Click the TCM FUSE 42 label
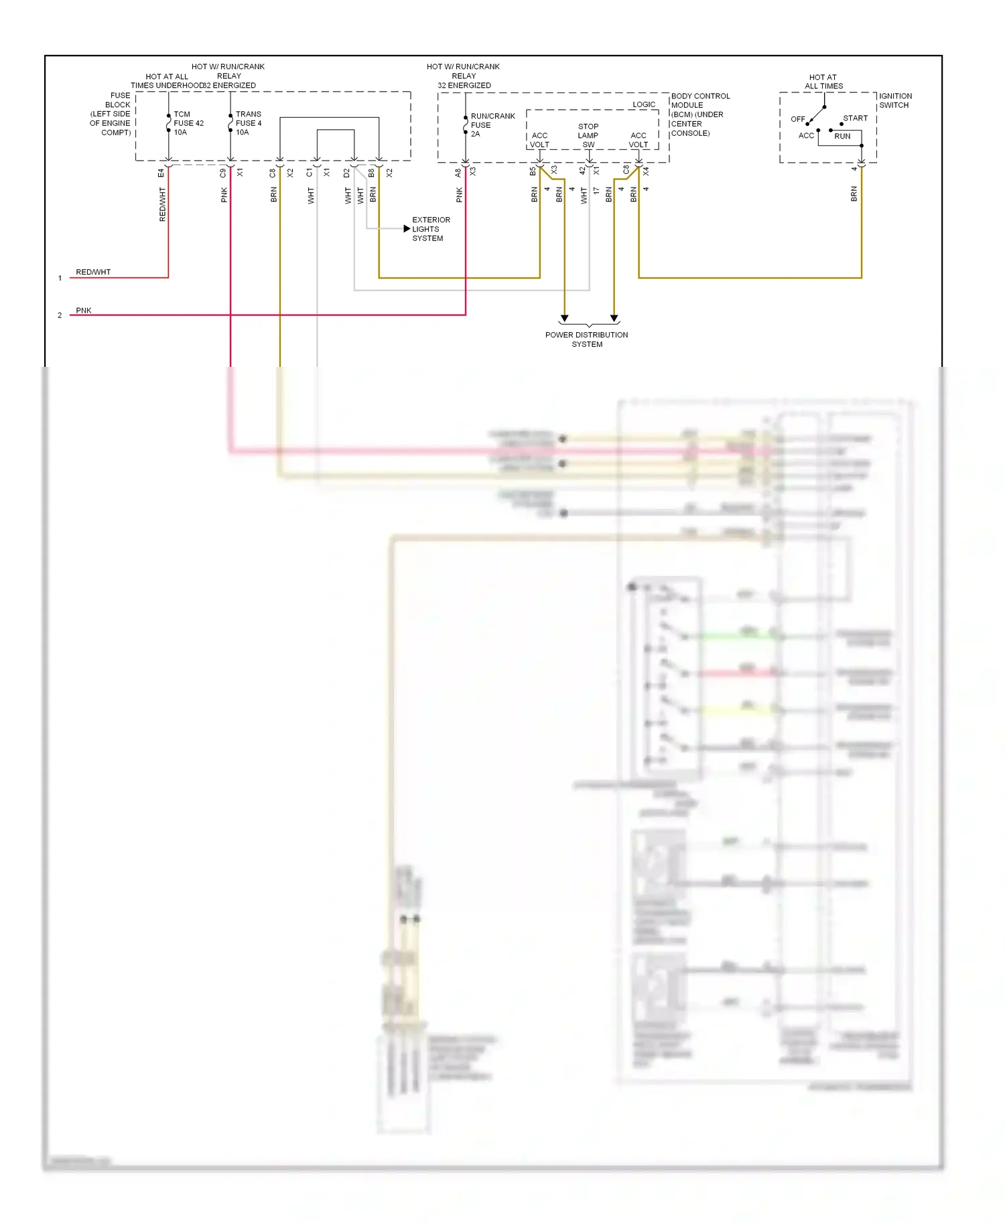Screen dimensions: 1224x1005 pyautogui.click(x=188, y=123)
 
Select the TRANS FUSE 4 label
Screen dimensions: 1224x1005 pyautogui.click(x=249, y=123)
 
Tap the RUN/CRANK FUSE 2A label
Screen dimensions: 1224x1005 pyautogui.click(x=492, y=125)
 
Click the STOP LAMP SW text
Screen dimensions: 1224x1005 pyautogui.click(x=588, y=135)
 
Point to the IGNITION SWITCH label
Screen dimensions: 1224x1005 pyautogui.click(x=895, y=100)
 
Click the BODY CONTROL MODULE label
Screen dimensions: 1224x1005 pyautogui.click(x=700, y=114)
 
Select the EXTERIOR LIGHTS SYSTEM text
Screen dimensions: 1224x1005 pyautogui.click(x=431, y=229)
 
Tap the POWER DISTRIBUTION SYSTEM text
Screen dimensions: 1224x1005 pyautogui.click(x=586, y=339)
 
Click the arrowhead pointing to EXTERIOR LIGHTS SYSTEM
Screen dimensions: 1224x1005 pyautogui.click(x=407, y=229)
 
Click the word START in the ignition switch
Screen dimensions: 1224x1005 pyautogui.click(x=855, y=119)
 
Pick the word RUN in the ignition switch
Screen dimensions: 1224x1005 pyautogui.click(x=842, y=136)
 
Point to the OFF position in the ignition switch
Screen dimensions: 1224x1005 pyautogui.click(x=797, y=119)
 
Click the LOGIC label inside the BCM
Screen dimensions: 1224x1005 pyautogui.click(x=644, y=104)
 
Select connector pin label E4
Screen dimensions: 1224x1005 pyautogui.click(x=161, y=173)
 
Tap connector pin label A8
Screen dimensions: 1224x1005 pyautogui.click(x=458, y=173)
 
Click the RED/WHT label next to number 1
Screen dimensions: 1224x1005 pyautogui.click(x=93, y=272)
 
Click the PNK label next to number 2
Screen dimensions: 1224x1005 pyautogui.click(x=84, y=310)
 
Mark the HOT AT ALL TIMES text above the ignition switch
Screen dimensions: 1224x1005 pyautogui.click(x=823, y=82)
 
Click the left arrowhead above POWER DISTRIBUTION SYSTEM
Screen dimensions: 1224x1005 pyautogui.click(x=565, y=319)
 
